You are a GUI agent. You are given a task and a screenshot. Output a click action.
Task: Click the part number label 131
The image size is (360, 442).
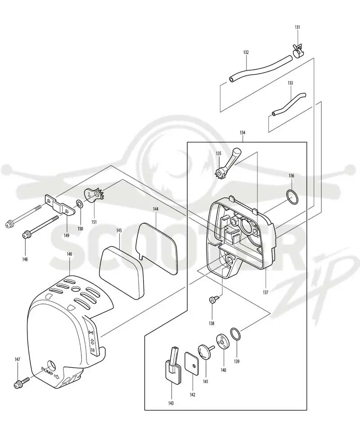pos(297,27)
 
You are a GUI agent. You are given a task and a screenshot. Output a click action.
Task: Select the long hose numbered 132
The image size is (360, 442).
pos(260,69)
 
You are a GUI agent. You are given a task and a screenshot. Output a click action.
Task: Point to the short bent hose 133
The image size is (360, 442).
pos(288,104)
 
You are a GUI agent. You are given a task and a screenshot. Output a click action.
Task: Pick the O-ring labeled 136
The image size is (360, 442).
pos(292,197)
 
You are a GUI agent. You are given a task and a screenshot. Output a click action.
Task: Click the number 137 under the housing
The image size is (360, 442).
pos(265,292)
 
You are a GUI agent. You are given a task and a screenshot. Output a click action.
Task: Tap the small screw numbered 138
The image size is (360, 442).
pos(213,300)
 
